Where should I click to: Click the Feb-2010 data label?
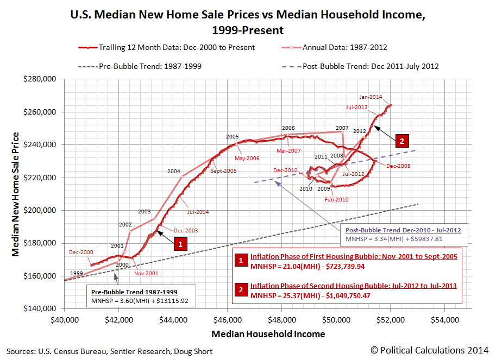point(336,199)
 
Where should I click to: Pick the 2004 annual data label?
point(174,171)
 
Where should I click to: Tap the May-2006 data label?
point(247,159)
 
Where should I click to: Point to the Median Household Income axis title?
point(268,334)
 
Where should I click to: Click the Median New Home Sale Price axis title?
point(16,194)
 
